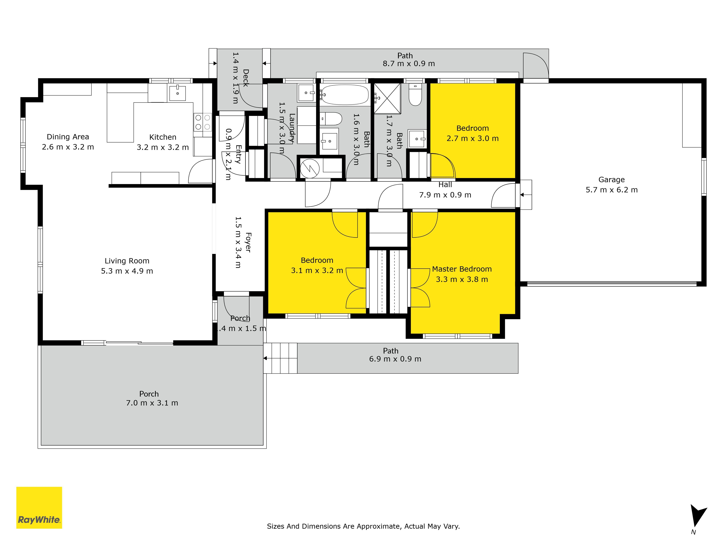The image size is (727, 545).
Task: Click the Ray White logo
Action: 39,508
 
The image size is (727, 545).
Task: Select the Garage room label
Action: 611,180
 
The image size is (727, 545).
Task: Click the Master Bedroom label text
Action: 462,269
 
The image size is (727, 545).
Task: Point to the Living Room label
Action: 127,261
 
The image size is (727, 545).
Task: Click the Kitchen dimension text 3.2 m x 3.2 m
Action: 163,147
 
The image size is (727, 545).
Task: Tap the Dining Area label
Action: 68,137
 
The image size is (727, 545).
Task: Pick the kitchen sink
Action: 177,93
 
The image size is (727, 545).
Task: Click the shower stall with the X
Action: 387,98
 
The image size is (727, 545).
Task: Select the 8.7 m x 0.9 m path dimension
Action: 409,64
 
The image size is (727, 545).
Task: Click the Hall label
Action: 445,185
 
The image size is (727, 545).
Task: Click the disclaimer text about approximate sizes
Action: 363,526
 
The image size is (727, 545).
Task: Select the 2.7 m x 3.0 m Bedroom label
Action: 472,133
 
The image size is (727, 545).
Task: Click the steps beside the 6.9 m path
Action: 280,358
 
